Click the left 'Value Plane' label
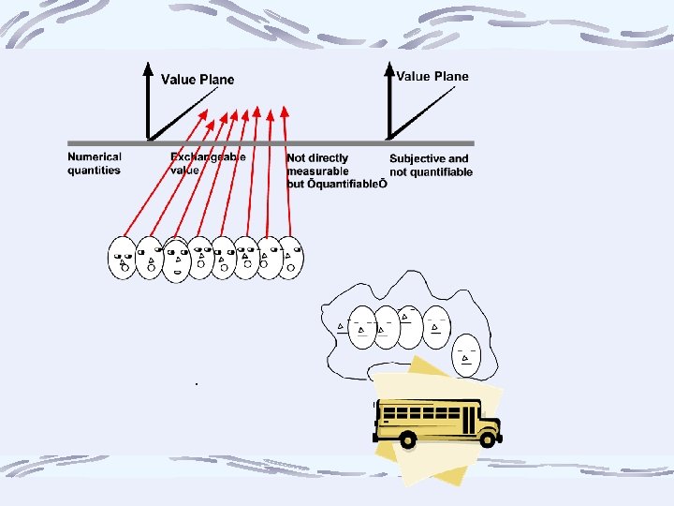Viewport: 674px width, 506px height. click(x=198, y=80)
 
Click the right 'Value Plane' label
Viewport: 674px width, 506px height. click(x=432, y=76)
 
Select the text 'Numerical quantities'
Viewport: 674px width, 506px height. click(x=95, y=164)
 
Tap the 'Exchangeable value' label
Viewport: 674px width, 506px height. click(x=208, y=164)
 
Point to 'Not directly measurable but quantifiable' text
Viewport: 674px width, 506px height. click(x=336, y=171)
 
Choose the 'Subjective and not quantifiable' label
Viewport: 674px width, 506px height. click(x=431, y=165)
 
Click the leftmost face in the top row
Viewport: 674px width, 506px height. click(x=123, y=258)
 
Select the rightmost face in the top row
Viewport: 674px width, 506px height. click(x=291, y=257)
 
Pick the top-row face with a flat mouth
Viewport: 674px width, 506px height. click(x=176, y=260)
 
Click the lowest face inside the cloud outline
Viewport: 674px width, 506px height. click(x=467, y=354)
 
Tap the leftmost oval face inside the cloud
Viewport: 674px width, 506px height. click(x=360, y=328)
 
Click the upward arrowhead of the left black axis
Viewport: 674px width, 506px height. click(x=147, y=67)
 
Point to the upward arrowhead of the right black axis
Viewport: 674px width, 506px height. click(x=389, y=67)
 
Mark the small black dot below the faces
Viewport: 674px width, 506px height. click(x=197, y=384)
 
